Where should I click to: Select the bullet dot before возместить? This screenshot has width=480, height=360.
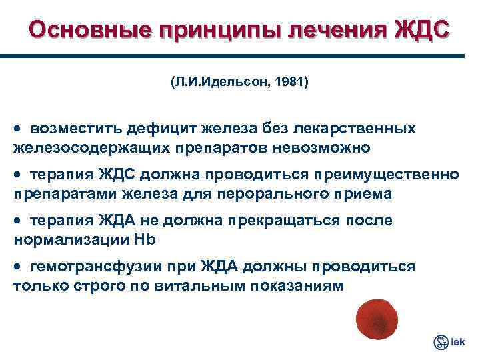click(x=18, y=127)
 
